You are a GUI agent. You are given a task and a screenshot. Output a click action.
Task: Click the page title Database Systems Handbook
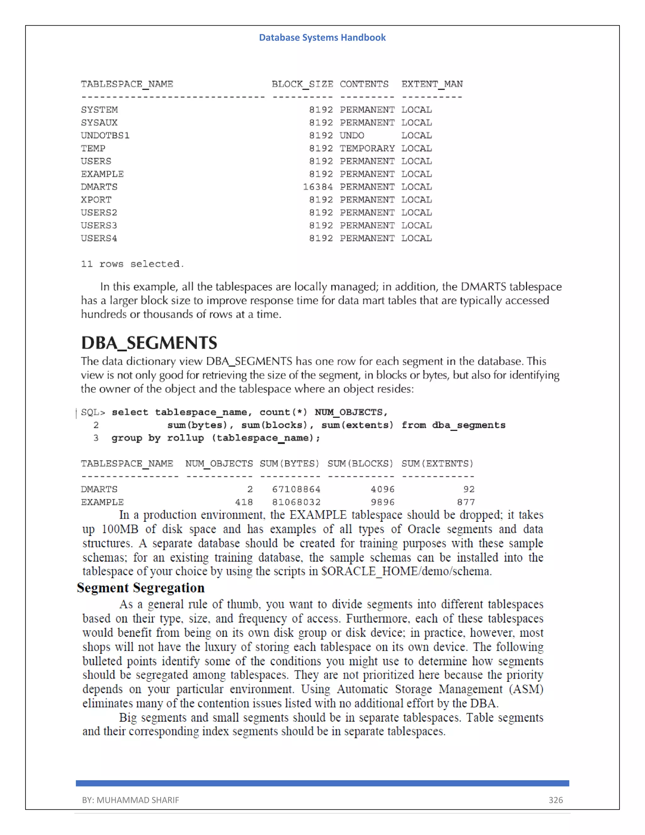point(322,37)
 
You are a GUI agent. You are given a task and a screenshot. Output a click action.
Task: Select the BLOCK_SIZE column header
point(302,84)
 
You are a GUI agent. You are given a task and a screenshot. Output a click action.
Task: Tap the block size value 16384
point(317,187)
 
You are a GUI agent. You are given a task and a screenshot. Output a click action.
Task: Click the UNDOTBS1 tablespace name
point(105,135)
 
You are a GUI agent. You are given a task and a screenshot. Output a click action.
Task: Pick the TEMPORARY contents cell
point(367,148)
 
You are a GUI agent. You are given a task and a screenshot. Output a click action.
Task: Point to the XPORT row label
point(96,199)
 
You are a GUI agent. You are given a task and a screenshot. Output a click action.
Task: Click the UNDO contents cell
point(352,135)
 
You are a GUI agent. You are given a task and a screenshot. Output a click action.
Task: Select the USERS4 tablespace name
point(99,238)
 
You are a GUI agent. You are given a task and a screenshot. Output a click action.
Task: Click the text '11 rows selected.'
point(132,264)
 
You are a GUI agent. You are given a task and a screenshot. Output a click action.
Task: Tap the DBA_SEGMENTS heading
point(149,343)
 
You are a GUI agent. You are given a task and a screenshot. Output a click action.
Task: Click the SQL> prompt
point(93,412)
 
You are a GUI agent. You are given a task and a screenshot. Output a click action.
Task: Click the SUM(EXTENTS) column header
point(437,464)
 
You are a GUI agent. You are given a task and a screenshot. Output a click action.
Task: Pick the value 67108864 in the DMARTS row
point(296,489)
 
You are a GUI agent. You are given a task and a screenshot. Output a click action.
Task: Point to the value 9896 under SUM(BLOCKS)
point(382,502)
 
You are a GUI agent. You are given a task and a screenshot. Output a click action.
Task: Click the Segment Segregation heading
point(140,588)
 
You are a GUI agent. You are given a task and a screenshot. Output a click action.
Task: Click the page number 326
point(556,800)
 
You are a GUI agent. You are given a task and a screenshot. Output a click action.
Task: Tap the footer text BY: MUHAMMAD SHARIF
point(130,800)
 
